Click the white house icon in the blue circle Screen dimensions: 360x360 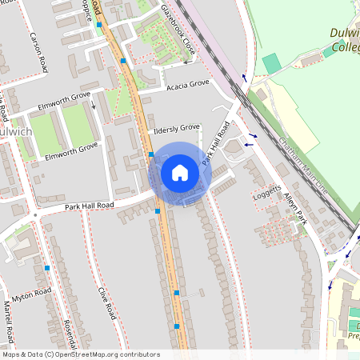pos(179,173)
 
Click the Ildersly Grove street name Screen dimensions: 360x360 pos(178,128)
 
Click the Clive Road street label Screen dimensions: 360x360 pos(107,303)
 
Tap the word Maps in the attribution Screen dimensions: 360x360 pos(11,354)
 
